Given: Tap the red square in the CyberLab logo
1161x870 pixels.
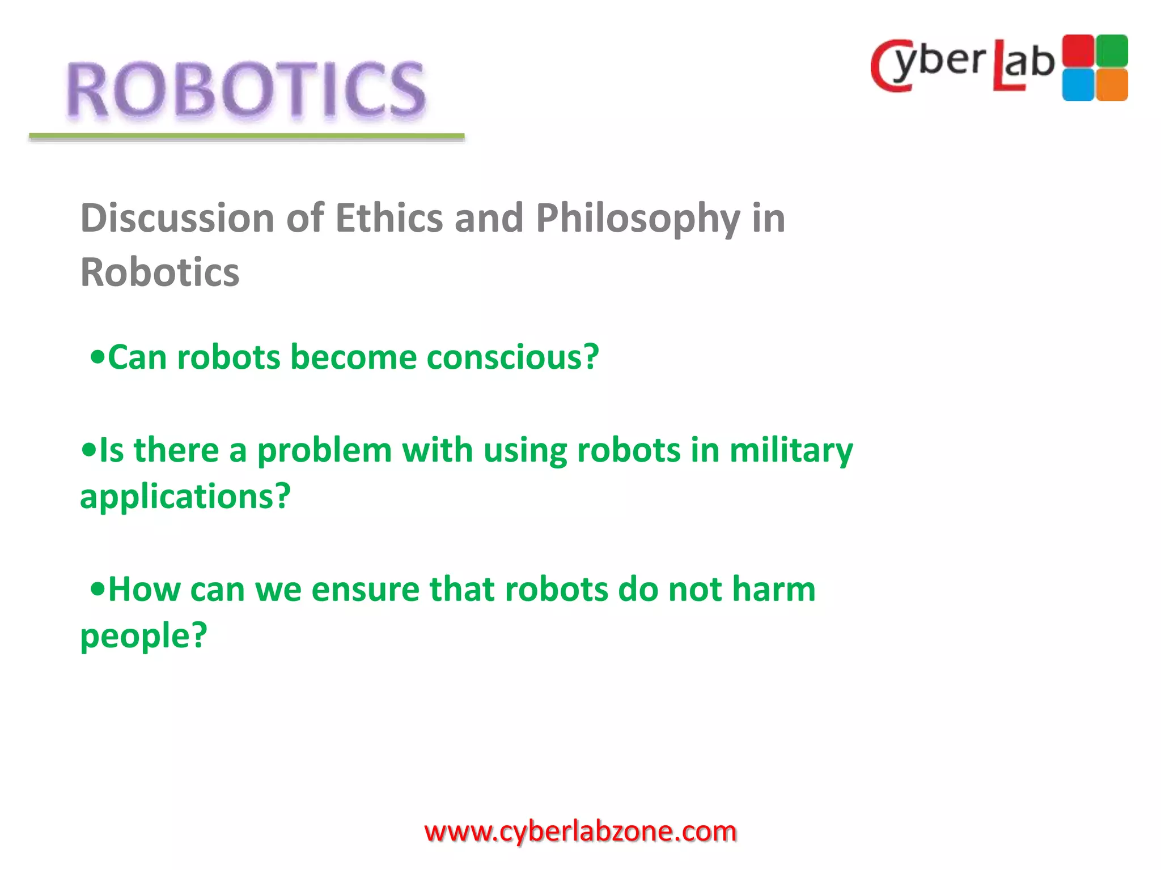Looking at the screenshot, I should (1078, 50).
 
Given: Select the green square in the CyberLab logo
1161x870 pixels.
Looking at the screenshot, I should (1112, 50).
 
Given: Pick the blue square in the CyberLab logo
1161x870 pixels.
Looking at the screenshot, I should (1078, 85).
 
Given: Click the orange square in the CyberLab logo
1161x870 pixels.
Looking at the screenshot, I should (1112, 85).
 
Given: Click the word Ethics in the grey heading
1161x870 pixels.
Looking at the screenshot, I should (389, 218).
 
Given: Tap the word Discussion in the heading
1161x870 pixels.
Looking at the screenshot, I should (177, 218).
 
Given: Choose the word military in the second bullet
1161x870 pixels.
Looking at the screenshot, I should (790, 451).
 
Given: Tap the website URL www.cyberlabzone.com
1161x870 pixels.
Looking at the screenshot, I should (580, 831).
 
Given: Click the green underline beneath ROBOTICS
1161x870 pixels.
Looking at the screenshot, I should (247, 137).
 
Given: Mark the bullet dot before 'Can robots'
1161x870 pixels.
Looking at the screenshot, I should (98, 358).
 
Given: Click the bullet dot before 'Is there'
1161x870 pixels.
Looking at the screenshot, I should (88, 451).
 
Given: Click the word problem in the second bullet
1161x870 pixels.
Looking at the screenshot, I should (324, 451).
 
